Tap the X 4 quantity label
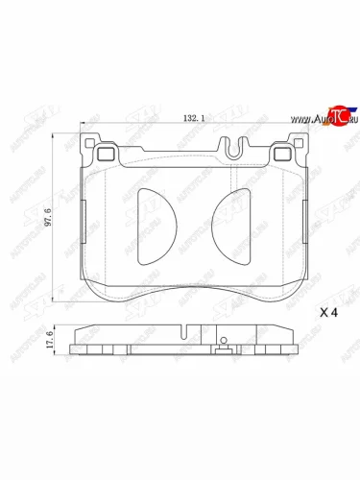click(328, 313)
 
